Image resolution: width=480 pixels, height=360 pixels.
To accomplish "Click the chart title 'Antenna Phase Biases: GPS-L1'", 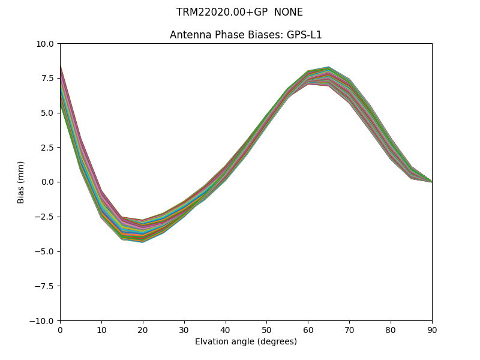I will [245, 35].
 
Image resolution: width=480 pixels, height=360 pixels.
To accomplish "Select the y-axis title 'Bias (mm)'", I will [21, 182].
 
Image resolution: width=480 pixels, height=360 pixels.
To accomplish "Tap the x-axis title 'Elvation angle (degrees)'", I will [245, 341].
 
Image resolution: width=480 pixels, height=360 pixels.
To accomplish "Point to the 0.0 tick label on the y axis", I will [48, 182].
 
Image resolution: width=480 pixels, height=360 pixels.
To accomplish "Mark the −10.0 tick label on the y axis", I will [42, 320].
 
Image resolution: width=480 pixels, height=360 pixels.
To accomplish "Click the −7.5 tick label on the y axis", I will [44, 286].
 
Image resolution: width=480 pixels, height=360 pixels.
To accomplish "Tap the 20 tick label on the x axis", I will [143, 329].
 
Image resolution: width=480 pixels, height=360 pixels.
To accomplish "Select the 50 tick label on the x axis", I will [266, 329].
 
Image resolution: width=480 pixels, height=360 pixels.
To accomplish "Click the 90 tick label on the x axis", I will [432, 329].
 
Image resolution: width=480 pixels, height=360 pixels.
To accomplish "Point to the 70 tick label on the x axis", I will [349, 329].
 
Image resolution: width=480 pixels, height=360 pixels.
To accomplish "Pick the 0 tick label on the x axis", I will [60, 329].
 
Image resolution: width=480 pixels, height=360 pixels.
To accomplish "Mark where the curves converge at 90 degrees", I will [431, 181].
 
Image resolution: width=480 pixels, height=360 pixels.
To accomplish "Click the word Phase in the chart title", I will [223, 35].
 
